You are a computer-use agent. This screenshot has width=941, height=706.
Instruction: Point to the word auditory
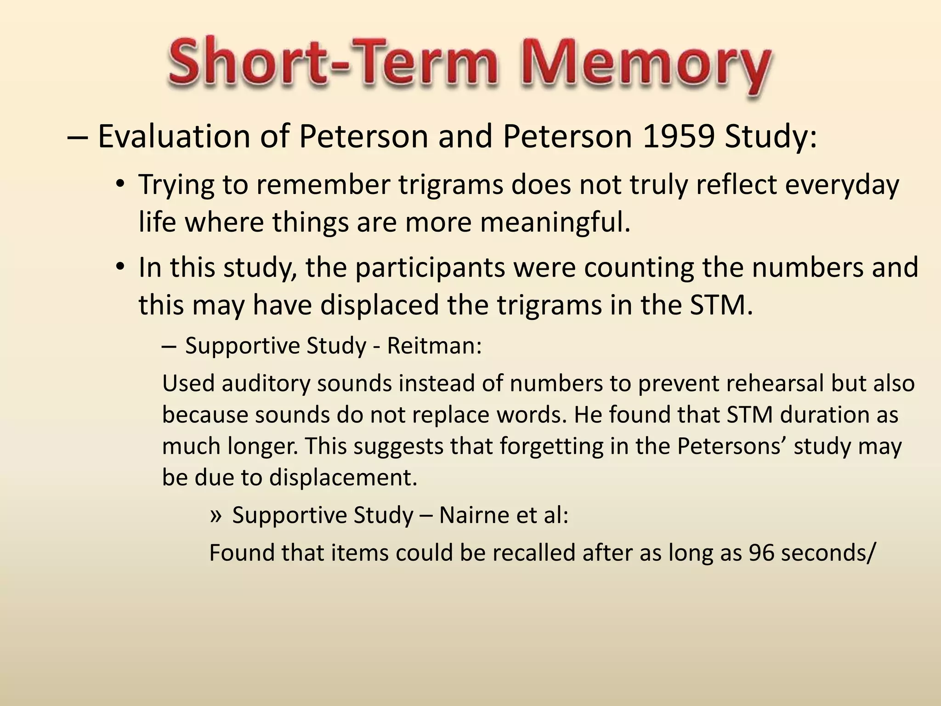tap(266, 383)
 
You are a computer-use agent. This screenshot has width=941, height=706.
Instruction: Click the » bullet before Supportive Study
tap(215, 515)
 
